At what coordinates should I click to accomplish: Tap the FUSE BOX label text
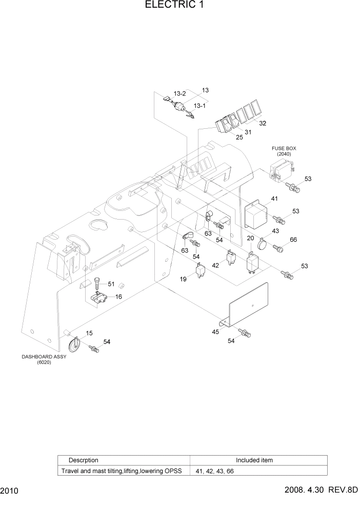pyautogui.click(x=284, y=148)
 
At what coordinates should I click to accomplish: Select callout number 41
pyautogui.click(x=274, y=199)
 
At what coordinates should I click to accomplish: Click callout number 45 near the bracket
pyautogui.click(x=215, y=332)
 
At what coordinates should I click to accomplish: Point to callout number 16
pyautogui.click(x=118, y=297)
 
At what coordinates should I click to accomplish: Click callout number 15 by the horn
pyautogui.click(x=89, y=333)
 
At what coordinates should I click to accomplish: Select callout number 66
pyautogui.click(x=293, y=240)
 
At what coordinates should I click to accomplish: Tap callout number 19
pyautogui.click(x=183, y=279)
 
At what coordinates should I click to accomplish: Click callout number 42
pyautogui.click(x=215, y=265)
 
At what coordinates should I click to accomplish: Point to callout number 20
pyautogui.click(x=250, y=239)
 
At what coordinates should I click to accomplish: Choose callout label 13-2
pyautogui.click(x=179, y=93)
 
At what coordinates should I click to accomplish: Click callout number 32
pyautogui.click(x=263, y=124)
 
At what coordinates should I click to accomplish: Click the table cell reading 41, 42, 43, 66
pyautogui.click(x=214, y=471)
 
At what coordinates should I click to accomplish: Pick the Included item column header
pyautogui.click(x=254, y=460)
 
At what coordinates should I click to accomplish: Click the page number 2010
pyautogui.click(x=10, y=491)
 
